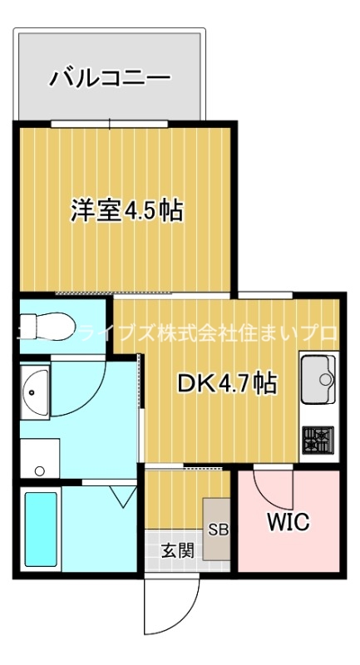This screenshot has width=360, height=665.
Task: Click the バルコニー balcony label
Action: pyautogui.click(x=111, y=78)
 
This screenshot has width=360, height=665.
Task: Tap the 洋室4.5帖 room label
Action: pyautogui.click(x=126, y=210)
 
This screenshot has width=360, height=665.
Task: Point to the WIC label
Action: pyautogui.click(x=288, y=522)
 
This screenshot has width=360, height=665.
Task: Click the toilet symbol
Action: pyautogui.click(x=51, y=322)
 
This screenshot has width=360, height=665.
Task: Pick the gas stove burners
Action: pyautogui.click(x=318, y=438)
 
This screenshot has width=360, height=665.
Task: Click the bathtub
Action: pyautogui.click(x=41, y=530)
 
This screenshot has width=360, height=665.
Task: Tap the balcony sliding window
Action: pyautogui.click(x=110, y=124)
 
